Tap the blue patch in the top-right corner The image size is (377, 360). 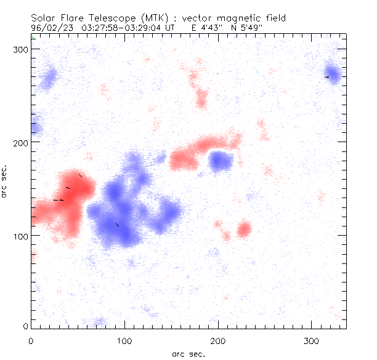(x=333, y=75)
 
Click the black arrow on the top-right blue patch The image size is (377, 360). (x=326, y=77)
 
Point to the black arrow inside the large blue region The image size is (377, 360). (x=117, y=225)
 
